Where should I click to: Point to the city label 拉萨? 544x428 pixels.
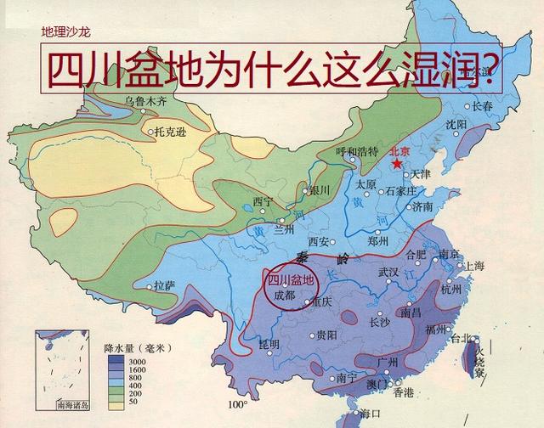click(x=163, y=284)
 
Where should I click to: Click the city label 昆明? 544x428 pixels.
click(x=269, y=344)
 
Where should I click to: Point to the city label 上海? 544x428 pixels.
click(x=473, y=266)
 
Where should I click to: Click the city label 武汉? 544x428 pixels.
click(x=388, y=272)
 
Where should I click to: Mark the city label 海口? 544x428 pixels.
click(x=370, y=414)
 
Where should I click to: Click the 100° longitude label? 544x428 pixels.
click(x=241, y=405)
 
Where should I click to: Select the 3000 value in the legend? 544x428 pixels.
click(x=137, y=362)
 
